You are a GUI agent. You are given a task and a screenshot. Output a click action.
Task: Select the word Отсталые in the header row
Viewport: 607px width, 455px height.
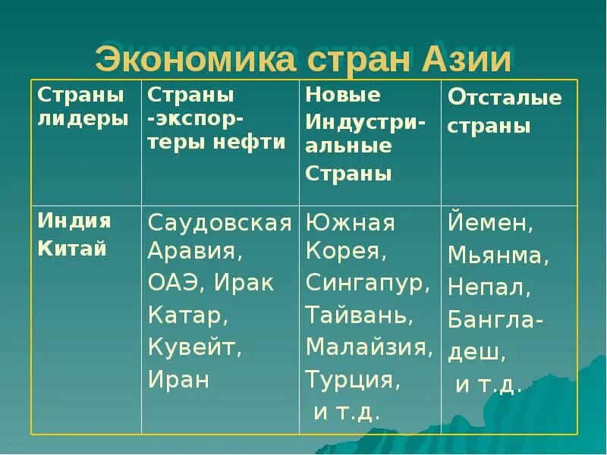click(x=505, y=98)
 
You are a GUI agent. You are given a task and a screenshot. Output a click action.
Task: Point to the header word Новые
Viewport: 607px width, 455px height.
click(x=343, y=95)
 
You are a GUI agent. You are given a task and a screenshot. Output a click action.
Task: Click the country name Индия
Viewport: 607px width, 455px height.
click(x=74, y=221)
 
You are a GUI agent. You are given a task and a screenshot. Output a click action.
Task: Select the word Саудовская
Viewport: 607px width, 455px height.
click(x=220, y=223)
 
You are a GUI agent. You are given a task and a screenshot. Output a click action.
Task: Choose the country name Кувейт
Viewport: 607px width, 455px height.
click(x=194, y=348)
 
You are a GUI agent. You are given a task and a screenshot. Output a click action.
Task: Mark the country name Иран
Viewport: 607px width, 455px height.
click(x=178, y=378)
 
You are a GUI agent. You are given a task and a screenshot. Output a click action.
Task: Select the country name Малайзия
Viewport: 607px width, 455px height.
click(x=370, y=347)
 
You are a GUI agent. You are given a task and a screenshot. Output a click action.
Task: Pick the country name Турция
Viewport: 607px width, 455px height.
click(x=352, y=378)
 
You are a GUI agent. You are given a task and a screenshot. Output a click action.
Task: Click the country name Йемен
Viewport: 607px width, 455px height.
click(x=491, y=223)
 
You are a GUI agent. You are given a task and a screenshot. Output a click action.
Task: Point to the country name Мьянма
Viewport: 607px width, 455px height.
click(x=498, y=256)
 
